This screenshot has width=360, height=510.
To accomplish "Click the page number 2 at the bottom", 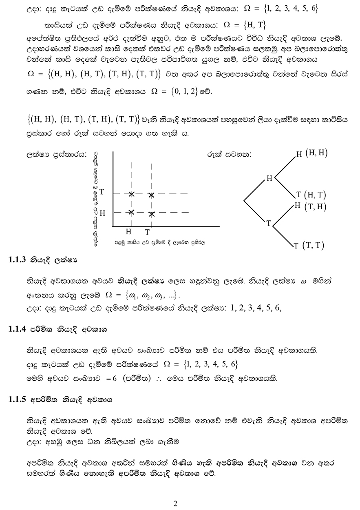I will pos(176,503).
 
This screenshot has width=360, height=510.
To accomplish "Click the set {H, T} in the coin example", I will pos(250,25).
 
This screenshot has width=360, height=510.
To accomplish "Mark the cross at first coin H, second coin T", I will pos(132,194).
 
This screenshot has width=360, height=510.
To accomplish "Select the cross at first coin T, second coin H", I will pos(152,214).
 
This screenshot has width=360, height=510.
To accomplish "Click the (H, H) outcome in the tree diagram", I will pos(316,153).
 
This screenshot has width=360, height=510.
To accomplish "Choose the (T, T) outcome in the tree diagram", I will pos(313,245).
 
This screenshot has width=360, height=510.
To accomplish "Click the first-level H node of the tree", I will pos(269,178).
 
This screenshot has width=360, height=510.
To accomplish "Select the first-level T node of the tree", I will pos(269,223).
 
